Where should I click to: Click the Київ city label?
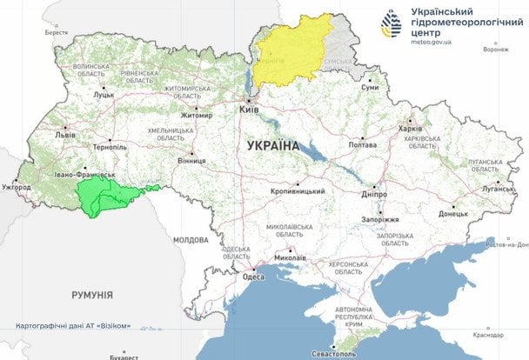(250, 110)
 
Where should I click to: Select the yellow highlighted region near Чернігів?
(296, 48)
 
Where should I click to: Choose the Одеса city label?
(253, 277)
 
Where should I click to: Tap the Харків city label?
(410, 128)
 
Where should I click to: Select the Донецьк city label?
(452, 212)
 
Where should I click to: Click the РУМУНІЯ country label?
(93, 295)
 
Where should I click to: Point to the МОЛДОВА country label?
(191, 239)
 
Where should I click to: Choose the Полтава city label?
(362, 144)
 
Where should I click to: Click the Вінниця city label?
(191, 161)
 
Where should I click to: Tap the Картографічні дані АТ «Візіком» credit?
(73, 326)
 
